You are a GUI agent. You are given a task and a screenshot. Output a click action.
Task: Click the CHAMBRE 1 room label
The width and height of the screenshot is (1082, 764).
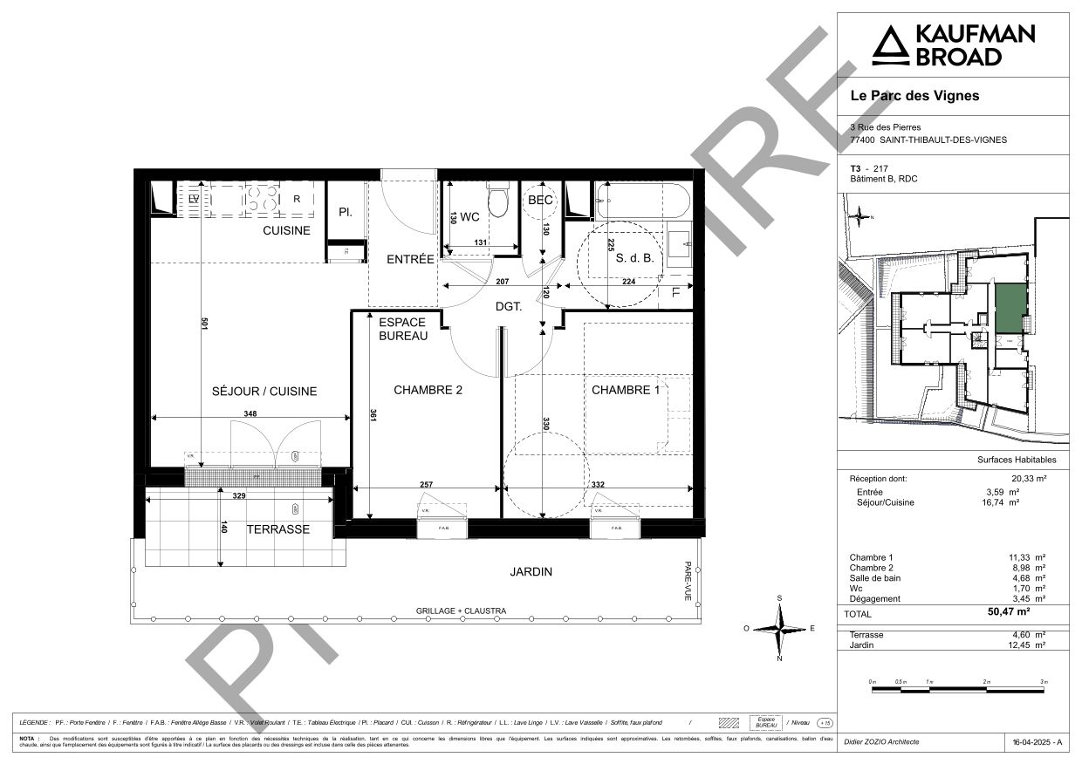626,390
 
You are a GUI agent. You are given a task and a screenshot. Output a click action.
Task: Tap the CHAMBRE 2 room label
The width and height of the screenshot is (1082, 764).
428,390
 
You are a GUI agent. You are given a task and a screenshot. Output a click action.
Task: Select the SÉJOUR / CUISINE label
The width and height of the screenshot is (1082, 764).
264,392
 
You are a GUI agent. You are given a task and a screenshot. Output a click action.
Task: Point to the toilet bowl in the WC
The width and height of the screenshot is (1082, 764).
498,202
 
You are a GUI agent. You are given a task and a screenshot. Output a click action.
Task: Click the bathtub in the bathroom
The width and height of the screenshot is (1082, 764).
643,201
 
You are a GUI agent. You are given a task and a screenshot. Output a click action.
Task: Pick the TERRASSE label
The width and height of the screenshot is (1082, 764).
277,529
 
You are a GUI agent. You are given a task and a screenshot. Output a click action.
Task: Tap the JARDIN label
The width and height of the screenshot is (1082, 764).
531,572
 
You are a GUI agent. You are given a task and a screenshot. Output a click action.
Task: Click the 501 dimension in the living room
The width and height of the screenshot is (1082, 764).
203,323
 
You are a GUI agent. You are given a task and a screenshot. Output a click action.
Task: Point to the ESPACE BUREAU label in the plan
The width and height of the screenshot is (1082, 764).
402,329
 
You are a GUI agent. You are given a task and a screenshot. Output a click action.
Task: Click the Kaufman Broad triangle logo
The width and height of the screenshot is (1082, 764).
890,45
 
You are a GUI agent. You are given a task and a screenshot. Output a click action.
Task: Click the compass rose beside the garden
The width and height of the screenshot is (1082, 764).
779,628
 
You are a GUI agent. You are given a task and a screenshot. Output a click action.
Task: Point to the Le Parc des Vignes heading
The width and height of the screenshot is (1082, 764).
914,96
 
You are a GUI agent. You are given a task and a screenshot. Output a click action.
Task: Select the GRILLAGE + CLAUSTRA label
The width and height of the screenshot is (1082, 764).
461,611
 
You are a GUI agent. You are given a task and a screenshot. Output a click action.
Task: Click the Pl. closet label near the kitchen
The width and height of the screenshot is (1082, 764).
346,212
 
